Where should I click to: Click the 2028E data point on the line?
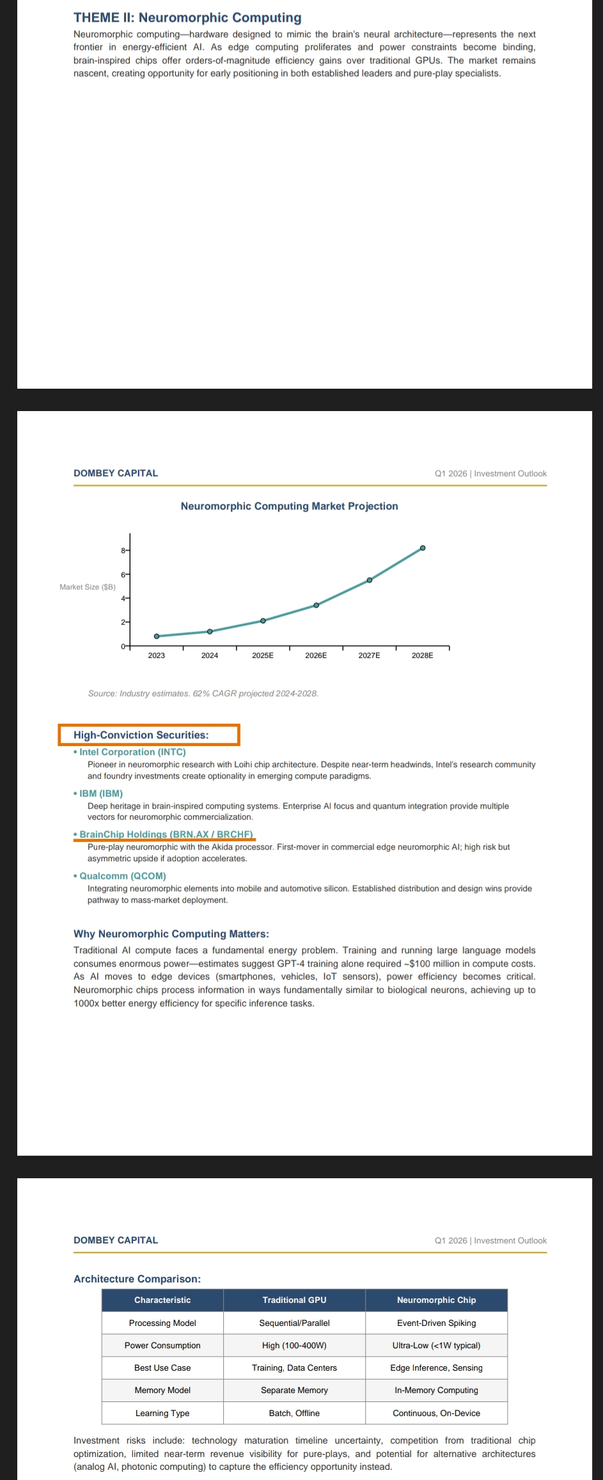point(423,548)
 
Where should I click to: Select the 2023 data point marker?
point(157,636)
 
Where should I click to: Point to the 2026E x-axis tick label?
point(316,655)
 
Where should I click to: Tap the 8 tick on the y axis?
point(123,550)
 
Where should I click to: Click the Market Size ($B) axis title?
point(88,587)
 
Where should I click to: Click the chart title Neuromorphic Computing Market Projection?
point(289,506)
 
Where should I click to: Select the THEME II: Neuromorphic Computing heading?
point(187,18)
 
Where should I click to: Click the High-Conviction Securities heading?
point(141,735)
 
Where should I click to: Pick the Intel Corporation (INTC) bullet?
point(132,752)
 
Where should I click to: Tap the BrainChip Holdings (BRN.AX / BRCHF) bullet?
point(166,834)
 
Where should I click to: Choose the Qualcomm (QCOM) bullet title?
point(122,876)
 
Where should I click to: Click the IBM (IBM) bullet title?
point(101,793)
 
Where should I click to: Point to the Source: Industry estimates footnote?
point(203,694)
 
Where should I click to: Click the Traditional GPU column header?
point(294,1300)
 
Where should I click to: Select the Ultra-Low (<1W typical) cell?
point(436,1345)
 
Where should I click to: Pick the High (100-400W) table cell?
point(294,1345)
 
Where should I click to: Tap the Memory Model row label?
point(162,1390)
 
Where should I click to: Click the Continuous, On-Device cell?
point(436,1413)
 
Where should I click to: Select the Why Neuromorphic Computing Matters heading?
point(171,934)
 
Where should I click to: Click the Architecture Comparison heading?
point(137,1279)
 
